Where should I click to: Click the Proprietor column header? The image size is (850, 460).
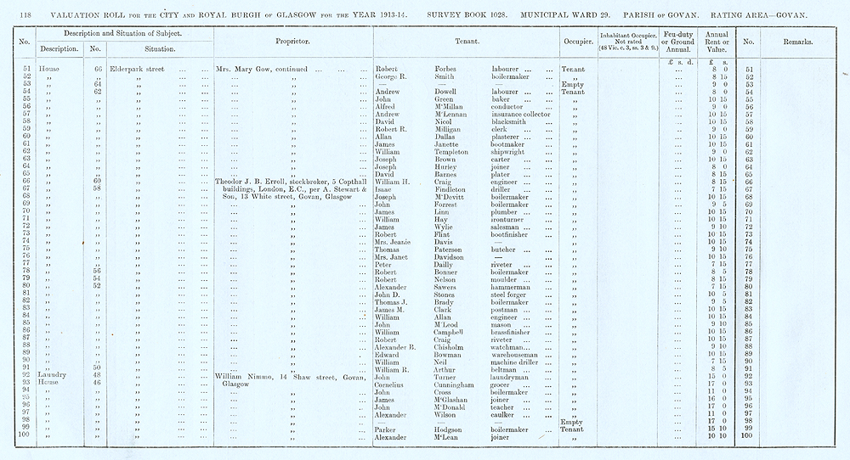point(292,41)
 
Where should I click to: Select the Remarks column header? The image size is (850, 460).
point(790,41)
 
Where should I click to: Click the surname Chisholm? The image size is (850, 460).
point(435,345)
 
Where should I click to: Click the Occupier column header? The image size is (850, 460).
point(577,41)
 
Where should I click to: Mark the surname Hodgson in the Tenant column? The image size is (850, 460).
point(434,429)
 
